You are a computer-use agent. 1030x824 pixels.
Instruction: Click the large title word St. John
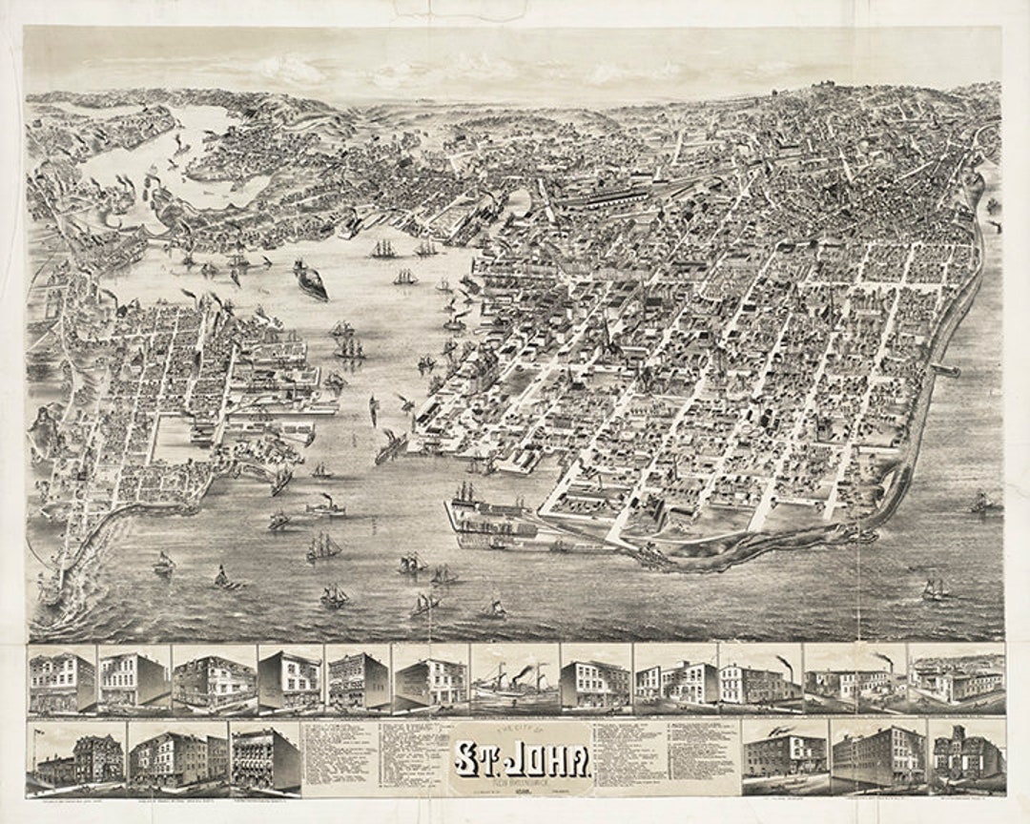point(522,760)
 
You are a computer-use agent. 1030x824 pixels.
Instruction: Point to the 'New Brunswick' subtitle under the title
point(521,780)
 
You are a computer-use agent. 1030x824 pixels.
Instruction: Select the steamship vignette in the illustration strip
point(514,679)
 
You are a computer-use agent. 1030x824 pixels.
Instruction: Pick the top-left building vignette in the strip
point(62,679)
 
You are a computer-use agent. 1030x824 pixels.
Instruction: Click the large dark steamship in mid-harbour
point(310,278)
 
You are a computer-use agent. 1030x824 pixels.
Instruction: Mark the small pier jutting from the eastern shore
point(946,369)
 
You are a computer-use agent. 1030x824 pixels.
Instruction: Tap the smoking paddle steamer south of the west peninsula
point(326,505)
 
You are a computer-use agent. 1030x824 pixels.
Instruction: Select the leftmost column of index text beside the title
point(339,758)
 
